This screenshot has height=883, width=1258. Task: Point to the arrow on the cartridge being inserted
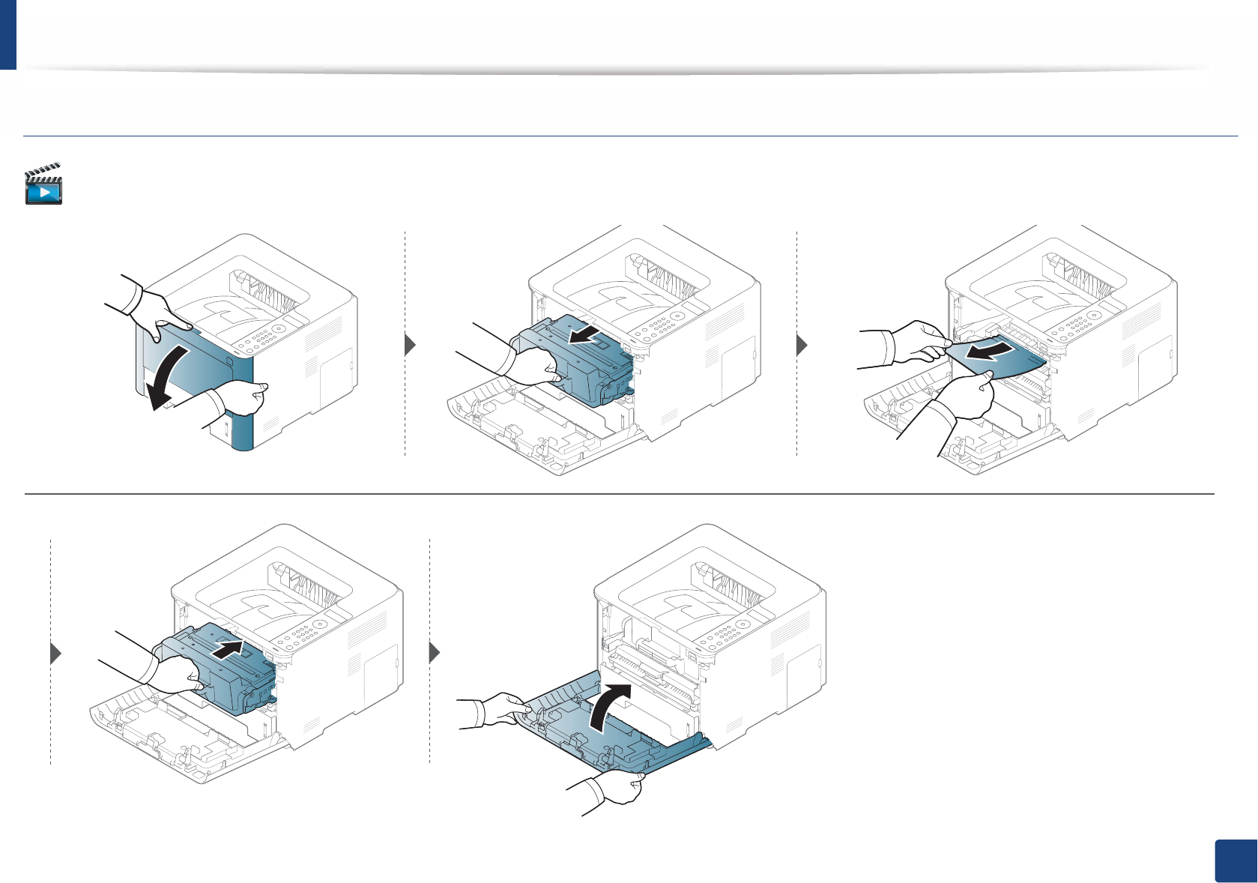point(229,649)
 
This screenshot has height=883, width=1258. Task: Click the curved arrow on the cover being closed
point(608,704)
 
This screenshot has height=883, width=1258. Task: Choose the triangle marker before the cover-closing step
point(435,653)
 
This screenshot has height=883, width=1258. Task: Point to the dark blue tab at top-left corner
point(7,34)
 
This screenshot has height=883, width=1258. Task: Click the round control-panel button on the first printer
point(278,328)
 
